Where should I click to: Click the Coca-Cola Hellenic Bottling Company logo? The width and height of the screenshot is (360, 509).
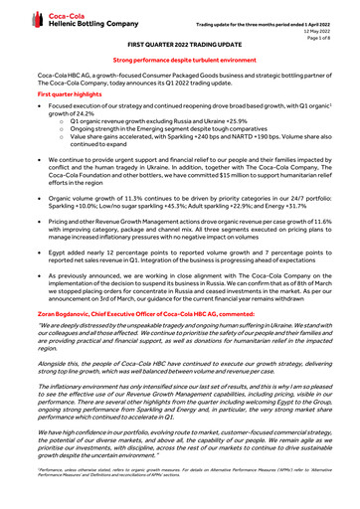[60, 18]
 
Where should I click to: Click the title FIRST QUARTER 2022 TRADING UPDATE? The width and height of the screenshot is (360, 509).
[180, 47]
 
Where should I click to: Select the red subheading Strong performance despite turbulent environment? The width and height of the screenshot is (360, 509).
[180, 62]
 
